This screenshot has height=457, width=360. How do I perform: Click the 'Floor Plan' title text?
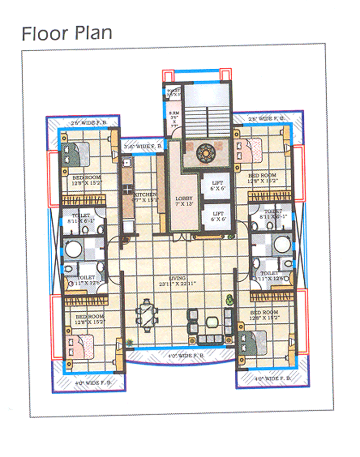[67, 33]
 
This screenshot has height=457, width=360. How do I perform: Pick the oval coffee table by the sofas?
[212, 322]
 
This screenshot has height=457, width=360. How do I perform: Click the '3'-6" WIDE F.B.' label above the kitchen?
[143, 147]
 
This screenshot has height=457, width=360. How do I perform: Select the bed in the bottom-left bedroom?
[80, 346]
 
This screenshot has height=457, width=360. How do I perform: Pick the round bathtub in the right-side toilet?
[280, 243]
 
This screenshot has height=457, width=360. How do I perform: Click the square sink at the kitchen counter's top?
[126, 162]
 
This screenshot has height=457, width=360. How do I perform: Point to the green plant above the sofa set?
[228, 299]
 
